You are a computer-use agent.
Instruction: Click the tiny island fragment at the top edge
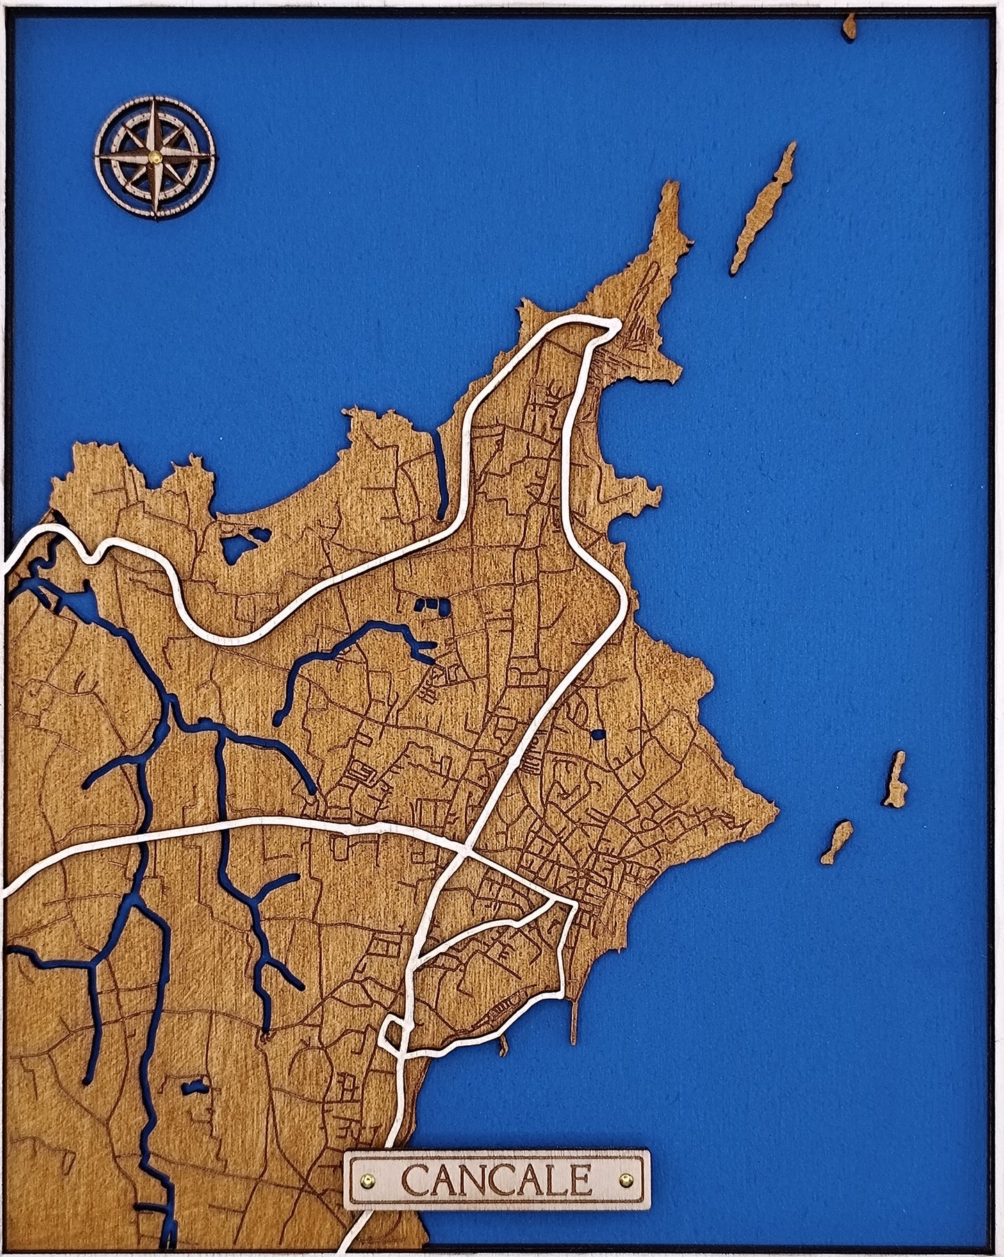pos(849,26)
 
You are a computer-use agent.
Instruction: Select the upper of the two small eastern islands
pos(896,779)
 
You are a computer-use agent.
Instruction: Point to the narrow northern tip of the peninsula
pos(670,208)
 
